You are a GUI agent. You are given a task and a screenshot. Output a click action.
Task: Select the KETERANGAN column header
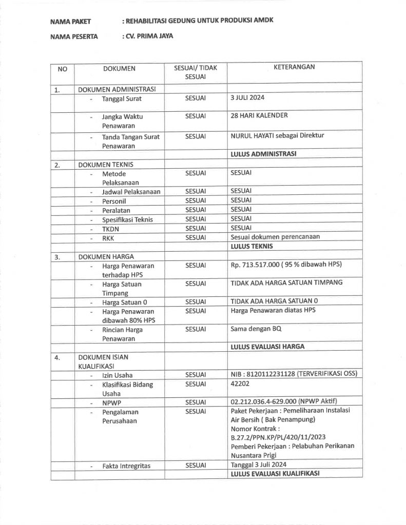(x=294, y=67)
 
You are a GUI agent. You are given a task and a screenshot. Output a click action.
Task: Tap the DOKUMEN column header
(x=119, y=68)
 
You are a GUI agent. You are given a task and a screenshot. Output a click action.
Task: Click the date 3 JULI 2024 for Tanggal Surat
(x=247, y=97)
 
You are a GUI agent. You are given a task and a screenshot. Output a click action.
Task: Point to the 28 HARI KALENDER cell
(x=259, y=115)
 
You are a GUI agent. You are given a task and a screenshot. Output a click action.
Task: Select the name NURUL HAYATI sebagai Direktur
(x=277, y=136)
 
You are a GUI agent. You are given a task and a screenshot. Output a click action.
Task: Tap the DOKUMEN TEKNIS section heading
(x=104, y=165)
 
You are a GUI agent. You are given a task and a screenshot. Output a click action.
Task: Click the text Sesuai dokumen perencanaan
(x=275, y=237)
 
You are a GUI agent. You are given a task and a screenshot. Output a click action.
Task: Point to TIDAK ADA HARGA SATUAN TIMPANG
(x=286, y=282)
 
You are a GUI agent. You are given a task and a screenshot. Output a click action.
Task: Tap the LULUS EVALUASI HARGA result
(x=267, y=347)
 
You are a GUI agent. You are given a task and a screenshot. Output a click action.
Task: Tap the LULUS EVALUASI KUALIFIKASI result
(x=275, y=474)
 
